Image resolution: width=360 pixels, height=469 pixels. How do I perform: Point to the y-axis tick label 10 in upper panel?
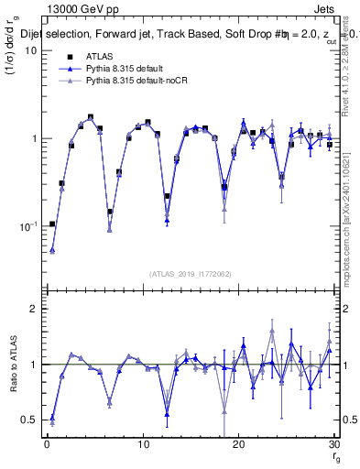[31, 50]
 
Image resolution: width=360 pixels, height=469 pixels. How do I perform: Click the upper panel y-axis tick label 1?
[34, 138]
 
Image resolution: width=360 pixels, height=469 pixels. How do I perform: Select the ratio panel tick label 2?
[34, 310]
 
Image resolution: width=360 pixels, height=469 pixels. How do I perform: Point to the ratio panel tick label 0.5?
[30, 420]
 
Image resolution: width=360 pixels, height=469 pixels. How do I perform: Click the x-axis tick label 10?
[143, 445]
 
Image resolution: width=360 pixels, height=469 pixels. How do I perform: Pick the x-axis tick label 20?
[239, 445]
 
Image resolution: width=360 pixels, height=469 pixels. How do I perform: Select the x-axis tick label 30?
[334, 445]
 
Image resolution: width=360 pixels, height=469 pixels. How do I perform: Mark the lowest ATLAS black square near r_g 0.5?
[52, 224]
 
